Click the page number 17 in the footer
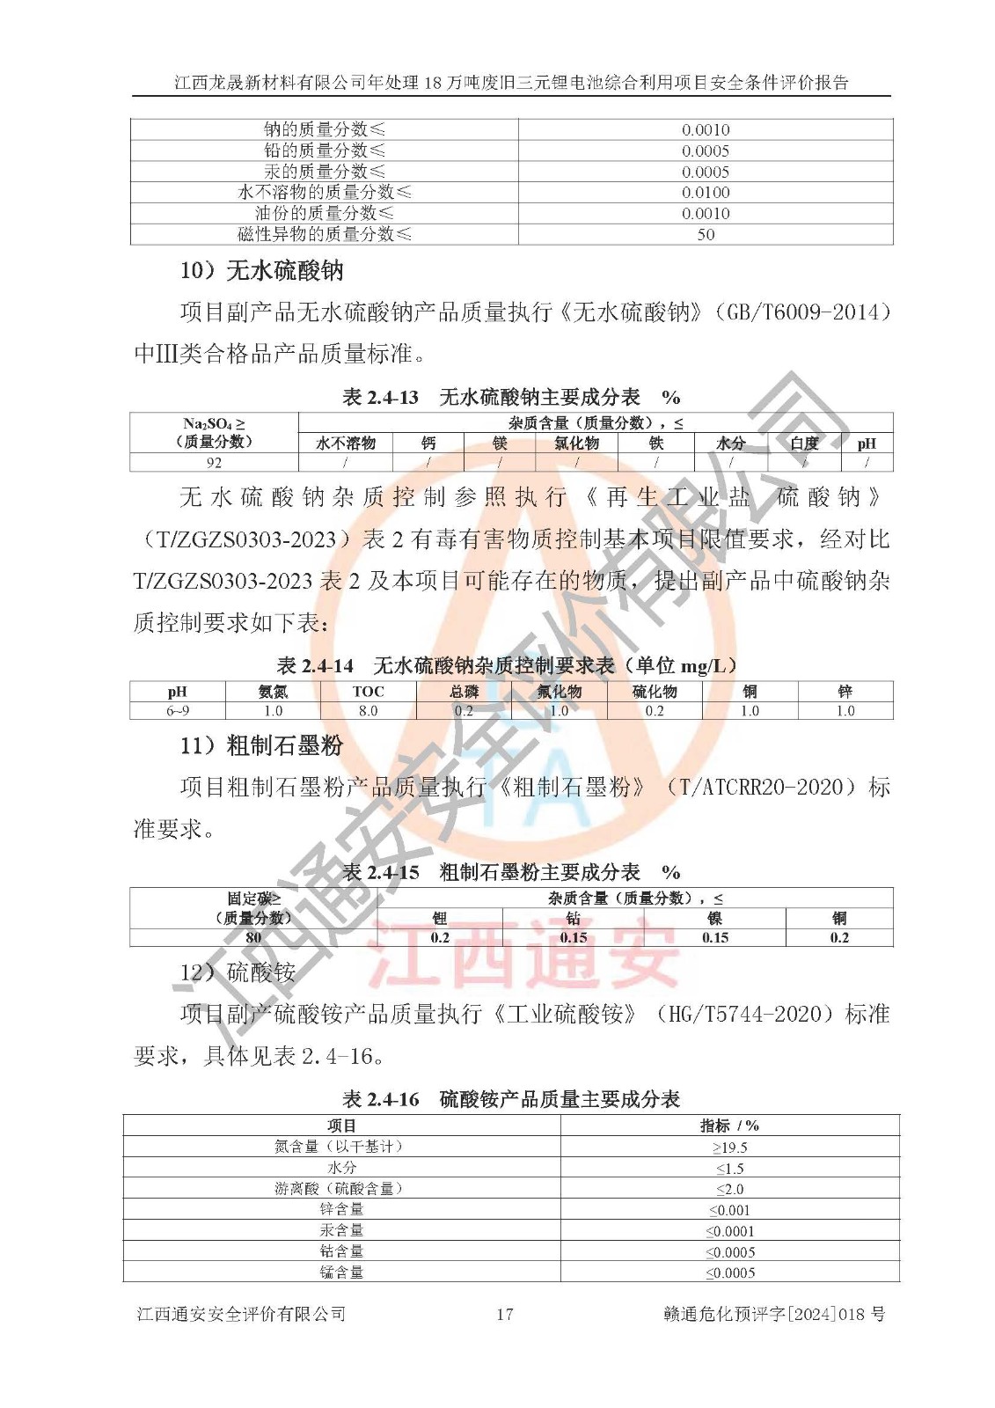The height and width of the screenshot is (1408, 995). coord(504,1314)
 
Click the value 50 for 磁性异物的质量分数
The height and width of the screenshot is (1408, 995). coord(706,234)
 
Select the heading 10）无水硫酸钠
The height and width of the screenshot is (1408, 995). coord(261,270)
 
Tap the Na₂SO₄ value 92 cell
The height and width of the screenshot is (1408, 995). coord(214,462)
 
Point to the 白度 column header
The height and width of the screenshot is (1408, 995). coord(804,444)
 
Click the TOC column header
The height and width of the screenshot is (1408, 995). coord(368,692)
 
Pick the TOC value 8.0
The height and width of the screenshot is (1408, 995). coord(368,711)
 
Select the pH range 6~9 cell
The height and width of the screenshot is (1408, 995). coord(178,711)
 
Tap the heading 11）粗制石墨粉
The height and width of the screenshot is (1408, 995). coord(261,745)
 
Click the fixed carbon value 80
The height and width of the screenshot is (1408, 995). coord(253,937)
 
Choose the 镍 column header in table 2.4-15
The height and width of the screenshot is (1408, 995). coord(714,918)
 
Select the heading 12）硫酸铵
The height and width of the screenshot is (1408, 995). coord(238,972)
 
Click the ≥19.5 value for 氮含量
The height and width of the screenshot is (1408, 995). coord(729,1148)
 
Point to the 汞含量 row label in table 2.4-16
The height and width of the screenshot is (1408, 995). coord(341,1230)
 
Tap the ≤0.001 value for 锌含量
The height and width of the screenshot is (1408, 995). coord(729,1210)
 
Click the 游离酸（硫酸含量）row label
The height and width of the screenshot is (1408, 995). coord(341,1189)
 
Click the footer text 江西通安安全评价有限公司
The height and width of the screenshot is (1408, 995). coord(241,1314)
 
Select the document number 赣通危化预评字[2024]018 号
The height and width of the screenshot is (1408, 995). coord(773,1314)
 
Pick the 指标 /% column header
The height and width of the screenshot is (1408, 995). coord(729,1126)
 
